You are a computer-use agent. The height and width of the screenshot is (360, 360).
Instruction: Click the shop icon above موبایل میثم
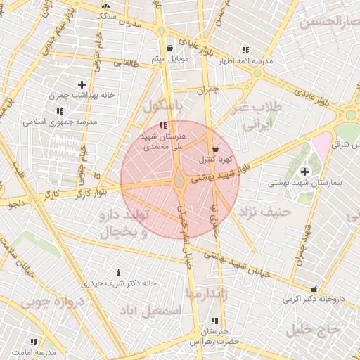[x=172, y=49]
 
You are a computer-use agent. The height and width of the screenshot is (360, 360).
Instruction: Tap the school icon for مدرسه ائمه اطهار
[x=245, y=50]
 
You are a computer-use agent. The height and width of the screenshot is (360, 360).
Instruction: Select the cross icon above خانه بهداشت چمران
[x=82, y=84]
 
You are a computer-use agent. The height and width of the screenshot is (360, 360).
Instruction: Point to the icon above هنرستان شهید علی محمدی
[x=164, y=125]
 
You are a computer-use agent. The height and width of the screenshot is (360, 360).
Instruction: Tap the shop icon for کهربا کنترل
[x=215, y=148]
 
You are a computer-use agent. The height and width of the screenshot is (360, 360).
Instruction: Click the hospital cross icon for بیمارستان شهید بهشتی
[x=304, y=172]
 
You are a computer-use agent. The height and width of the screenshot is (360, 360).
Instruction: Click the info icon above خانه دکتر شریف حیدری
[x=118, y=272]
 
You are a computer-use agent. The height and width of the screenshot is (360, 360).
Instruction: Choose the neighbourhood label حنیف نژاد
[x=264, y=211]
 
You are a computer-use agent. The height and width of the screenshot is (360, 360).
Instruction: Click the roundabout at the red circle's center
[x=180, y=181]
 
